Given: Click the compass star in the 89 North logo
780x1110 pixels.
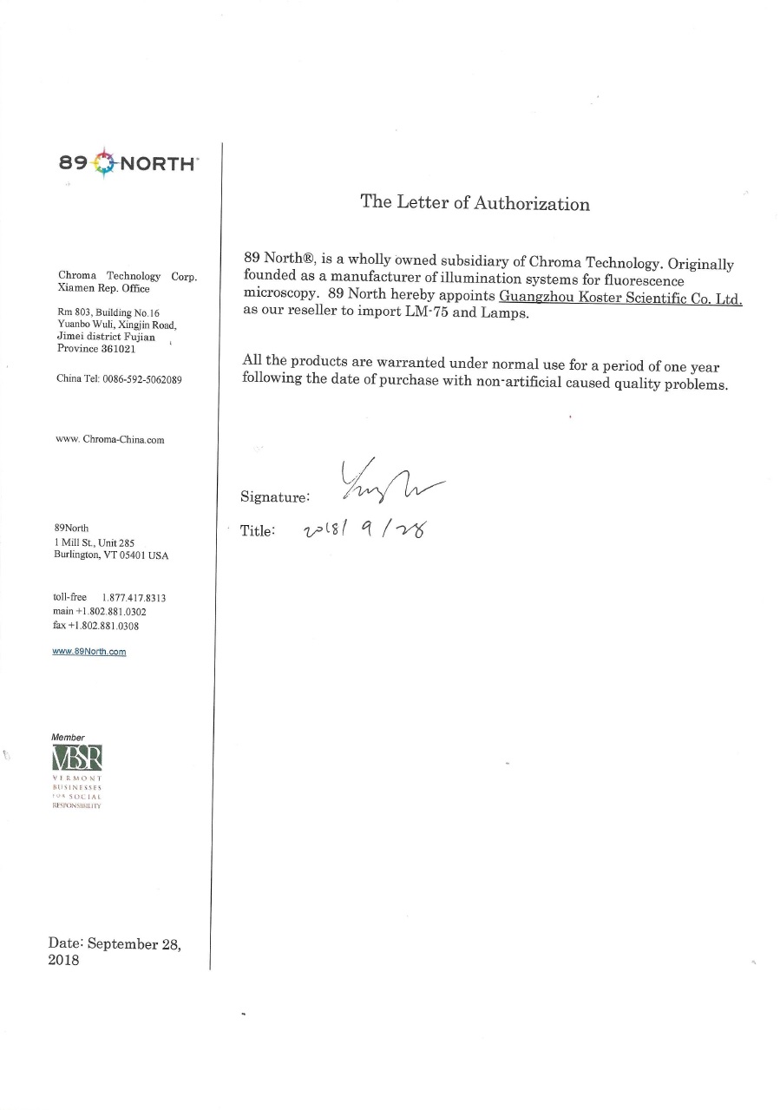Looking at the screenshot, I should click(x=102, y=162).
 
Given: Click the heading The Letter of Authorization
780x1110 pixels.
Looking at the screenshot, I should click(x=475, y=203).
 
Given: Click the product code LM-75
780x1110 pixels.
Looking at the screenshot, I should click(x=430, y=312).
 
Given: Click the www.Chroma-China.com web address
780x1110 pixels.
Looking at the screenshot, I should click(x=110, y=440).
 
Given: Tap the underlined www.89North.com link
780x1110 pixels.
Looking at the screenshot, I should click(x=89, y=652).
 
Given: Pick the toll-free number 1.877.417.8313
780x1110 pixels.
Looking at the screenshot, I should click(x=134, y=598).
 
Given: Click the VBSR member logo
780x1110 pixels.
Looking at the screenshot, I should click(x=77, y=761).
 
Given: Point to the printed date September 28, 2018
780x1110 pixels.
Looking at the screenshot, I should click(x=115, y=952).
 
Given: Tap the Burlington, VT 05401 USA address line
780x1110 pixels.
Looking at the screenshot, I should click(x=111, y=555).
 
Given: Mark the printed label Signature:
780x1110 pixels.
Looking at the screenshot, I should click(x=275, y=497).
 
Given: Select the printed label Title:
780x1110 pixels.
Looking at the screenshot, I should click(x=258, y=530).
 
